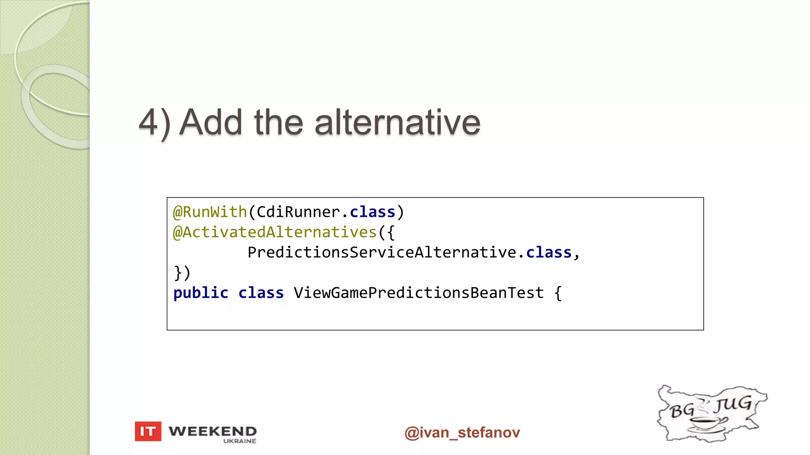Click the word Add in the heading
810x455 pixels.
coord(210,122)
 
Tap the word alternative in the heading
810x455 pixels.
coord(397,122)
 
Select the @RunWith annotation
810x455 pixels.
coord(210,212)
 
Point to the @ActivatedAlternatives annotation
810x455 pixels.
coord(275,233)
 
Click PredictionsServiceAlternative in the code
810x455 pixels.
coord(382,253)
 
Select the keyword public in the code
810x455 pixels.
coord(201,293)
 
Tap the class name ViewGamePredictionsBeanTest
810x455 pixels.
coord(419,293)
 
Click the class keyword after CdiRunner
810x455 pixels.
coord(372,212)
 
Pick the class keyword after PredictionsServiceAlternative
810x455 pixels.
coord(549,253)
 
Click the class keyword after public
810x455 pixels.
coord(261,293)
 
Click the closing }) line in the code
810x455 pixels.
coord(182,273)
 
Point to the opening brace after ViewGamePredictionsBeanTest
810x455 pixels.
coord(558,293)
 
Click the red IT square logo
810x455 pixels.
coord(148,431)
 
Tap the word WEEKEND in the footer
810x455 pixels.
coord(212,431)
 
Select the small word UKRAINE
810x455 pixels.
coord(240,441)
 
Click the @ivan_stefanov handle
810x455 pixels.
coord(462,432)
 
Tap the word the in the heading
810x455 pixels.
coord(278,122)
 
